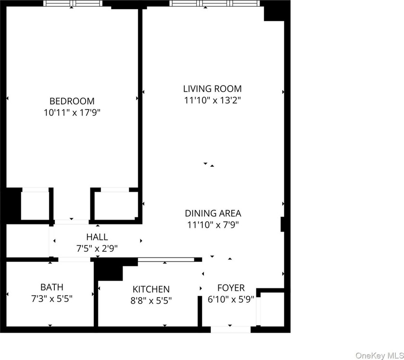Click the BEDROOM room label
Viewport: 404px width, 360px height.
72,101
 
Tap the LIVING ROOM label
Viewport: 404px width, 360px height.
213,88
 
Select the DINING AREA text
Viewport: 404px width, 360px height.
213,213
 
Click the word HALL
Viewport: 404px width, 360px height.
97,237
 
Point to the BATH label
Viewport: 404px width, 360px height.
52,287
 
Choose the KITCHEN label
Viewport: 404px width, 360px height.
151,289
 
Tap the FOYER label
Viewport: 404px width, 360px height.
231,287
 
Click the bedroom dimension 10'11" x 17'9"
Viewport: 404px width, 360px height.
72,112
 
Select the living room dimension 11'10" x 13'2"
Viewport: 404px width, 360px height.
213,100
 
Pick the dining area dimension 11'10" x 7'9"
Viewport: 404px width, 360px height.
213,225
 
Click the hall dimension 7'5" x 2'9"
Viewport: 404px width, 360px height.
97,248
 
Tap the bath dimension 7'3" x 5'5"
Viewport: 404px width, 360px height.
52,298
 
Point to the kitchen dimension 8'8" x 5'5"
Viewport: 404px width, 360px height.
151,300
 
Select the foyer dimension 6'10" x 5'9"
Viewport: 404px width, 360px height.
231,299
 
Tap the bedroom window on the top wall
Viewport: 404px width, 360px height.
73,3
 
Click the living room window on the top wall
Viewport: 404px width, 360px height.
215,3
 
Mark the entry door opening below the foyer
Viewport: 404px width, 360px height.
230,329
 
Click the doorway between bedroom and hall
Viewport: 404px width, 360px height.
72,222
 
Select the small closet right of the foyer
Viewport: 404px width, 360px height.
272,309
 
